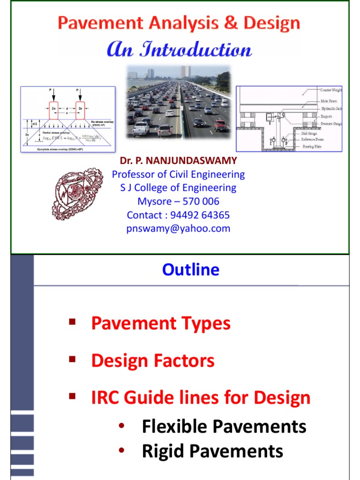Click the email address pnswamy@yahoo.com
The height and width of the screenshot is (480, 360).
[178, 228]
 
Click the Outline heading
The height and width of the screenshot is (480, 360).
[190, 270]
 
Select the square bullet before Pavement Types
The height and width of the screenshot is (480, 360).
[72, 322]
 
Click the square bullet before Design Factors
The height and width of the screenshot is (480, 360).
[72, 359]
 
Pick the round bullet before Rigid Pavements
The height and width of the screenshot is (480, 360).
[122, 451]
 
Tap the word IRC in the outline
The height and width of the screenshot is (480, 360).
[106, 398]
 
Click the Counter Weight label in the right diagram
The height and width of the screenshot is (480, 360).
[331, 90]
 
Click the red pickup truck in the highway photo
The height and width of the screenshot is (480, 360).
[220, 125]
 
